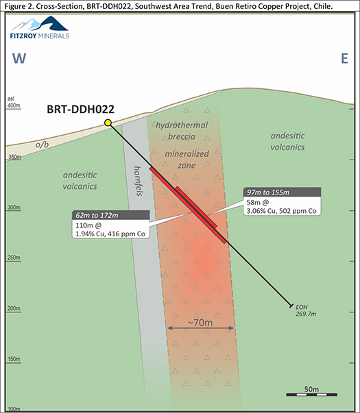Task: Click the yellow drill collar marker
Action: [x=108, y=123]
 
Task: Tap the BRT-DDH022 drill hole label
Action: [x=80, y=109]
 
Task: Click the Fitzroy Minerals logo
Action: [x=40, y=27]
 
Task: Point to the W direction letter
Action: [x=19, y=58]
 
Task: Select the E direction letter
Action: [x=344, y=58]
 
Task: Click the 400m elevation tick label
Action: [x=14, y=105]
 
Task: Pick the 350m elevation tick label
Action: [x=14, y=157]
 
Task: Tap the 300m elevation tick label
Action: [x=14, y=208]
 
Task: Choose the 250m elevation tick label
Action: [x=14, y=258]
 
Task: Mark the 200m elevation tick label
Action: [x=14, y=308]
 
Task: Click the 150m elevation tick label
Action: [x=14, y=359]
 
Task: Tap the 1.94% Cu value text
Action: [x=89, y=234]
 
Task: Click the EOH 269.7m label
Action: [x=305, y=310]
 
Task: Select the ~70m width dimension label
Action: [x=200, y=323]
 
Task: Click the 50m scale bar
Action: [x=312, y=395]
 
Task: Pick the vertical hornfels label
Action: [x=138, y=181]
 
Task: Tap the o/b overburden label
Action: [x=43, y=145]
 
